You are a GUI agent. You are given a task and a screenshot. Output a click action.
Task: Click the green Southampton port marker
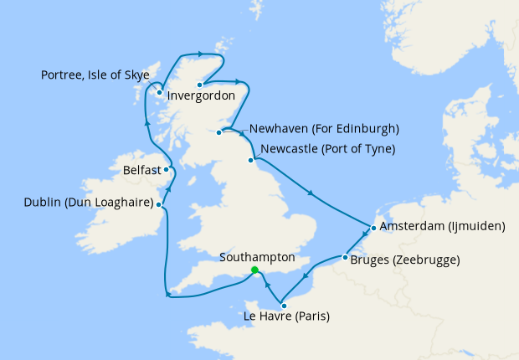254,270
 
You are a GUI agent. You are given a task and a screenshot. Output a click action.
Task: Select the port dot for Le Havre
284,306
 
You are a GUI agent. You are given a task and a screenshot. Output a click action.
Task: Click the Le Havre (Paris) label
286,317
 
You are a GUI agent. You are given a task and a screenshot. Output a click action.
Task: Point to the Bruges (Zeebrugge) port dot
344,258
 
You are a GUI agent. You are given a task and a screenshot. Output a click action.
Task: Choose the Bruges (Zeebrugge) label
405,260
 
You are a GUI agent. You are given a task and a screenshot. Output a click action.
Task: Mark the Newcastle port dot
250,159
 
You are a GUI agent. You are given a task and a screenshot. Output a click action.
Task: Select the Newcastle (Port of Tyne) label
327,150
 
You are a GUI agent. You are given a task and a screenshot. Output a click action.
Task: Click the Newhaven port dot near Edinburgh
219,132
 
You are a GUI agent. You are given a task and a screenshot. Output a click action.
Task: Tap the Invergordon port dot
200,85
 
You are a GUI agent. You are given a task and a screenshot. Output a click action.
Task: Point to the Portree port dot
158,93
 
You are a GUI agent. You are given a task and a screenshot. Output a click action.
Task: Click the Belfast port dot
167,169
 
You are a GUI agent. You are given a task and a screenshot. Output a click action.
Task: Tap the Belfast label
141,170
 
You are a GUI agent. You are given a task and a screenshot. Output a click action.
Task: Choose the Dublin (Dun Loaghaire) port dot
159,204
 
